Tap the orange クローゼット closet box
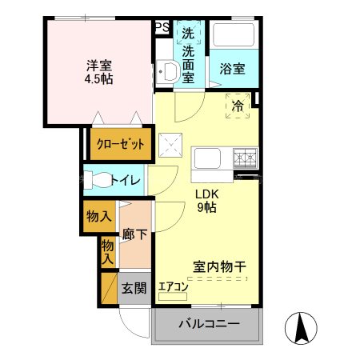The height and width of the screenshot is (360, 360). click(120, 144)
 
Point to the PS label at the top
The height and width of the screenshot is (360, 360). click(162, 26)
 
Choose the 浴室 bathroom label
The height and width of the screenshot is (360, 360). click(232, 70)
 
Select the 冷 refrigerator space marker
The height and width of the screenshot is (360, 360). click(238, 106)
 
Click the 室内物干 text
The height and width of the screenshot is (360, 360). click(218, 267)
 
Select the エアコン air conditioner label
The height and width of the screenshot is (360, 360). click(173, 286)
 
